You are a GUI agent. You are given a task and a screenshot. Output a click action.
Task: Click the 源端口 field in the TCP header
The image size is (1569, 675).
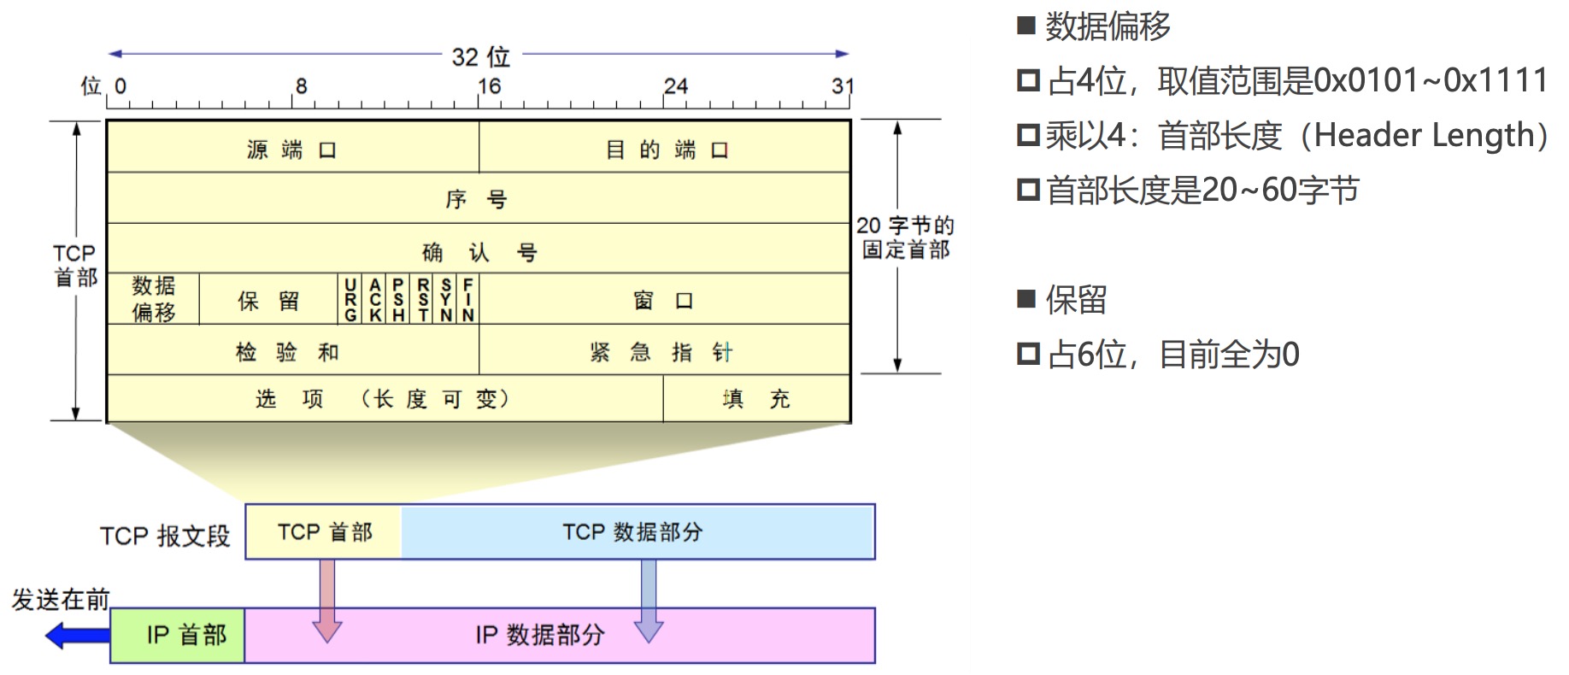(x=292, y=150)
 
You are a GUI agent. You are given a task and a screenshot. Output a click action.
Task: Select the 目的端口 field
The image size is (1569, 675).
(x=665, y=150)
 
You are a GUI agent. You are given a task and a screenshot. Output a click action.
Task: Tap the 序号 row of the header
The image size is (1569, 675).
(x=477, y=199)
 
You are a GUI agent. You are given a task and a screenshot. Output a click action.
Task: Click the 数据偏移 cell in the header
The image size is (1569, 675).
(x=154, y=299)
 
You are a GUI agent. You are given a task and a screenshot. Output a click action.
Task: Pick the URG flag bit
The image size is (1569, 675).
(x=350, y=299)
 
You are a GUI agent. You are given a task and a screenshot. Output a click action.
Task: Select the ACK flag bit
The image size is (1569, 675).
(x=375, y=299)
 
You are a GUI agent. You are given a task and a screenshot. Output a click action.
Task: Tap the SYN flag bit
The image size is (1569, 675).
(x=446, y=299)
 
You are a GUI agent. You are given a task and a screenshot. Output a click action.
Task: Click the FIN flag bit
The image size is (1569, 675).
(x=467, y=299)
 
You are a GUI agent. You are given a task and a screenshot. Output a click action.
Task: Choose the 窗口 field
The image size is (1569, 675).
(x=664, y=300)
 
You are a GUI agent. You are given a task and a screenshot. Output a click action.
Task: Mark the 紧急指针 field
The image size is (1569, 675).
(x=664, y=351)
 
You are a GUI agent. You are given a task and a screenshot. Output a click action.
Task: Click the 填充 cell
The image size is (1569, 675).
(x=756, y=399)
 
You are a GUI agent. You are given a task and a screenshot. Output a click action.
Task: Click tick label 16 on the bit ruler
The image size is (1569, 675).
(x=489, y=86)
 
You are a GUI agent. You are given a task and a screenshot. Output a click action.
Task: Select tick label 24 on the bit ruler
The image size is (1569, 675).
(x=675, y=86)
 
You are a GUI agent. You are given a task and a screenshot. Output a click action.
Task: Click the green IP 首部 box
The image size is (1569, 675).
(x=178, y=635)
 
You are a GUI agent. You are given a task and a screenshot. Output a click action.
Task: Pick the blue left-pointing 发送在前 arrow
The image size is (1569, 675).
(x=77, y=636)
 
